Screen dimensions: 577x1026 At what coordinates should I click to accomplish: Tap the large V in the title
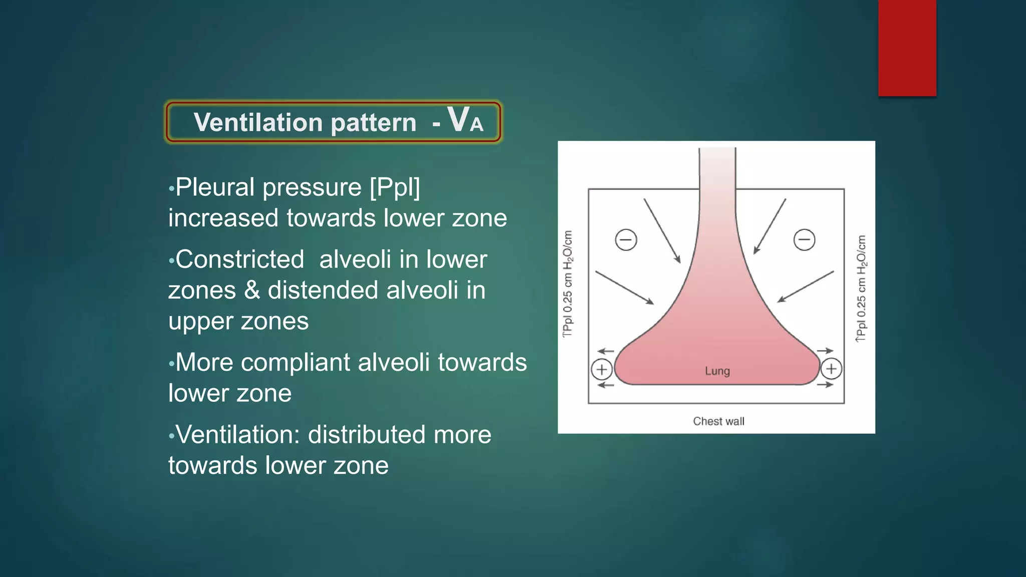pos(458,120)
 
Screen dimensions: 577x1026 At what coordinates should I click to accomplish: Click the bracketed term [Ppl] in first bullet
pos(395,187)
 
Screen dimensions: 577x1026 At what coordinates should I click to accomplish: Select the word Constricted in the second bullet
pos(239,259)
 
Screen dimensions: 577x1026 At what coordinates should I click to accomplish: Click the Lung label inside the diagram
pos(717,371)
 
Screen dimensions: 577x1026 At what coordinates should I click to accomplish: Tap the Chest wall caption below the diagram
pos(718,421)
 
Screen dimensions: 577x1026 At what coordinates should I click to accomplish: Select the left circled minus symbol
pos(626,239)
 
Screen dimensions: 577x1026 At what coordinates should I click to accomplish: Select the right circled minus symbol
pos(804,239)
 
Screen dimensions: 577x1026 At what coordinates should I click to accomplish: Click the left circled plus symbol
pos(602,370)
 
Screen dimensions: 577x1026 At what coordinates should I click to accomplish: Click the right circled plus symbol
pos(831,369)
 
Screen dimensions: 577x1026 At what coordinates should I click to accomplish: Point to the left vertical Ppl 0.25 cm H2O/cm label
pos(568,284)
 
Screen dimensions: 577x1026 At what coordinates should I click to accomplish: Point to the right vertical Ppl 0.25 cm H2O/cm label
pos(861,288)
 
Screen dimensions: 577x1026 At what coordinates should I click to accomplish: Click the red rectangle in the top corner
pos(907,48)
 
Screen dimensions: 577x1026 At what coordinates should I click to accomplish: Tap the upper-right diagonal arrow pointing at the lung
pos(770,226)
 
